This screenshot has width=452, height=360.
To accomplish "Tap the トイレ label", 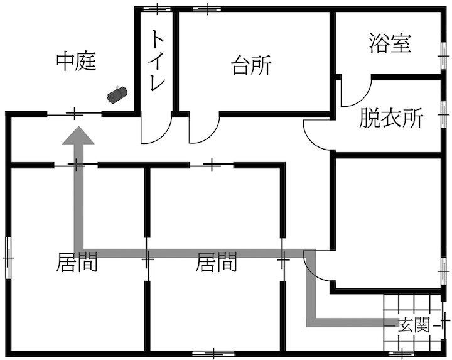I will point(157,62).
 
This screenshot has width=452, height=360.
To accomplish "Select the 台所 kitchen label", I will point(252,65).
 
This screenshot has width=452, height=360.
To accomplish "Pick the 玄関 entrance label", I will point(414,325).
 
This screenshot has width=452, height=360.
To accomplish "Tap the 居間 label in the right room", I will point(217,262).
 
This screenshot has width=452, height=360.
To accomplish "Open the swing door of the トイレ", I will point(155,129).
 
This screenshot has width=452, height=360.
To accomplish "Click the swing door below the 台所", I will point(203,129).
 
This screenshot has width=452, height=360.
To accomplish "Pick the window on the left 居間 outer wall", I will point(9,258).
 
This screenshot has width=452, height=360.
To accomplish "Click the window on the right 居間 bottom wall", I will point(213,353).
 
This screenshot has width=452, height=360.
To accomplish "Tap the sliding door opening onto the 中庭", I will point(75,114).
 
